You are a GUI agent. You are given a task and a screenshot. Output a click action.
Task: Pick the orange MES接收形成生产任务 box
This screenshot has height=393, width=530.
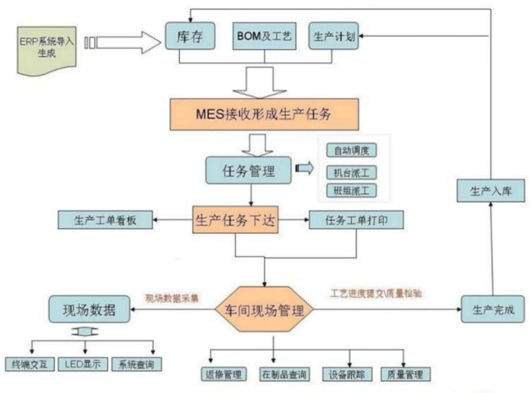tap(263, 114)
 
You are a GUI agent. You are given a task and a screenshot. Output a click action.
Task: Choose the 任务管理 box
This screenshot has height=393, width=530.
tap(249, 170)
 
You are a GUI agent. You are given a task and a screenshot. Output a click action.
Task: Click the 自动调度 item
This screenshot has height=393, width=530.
tap(352, 151)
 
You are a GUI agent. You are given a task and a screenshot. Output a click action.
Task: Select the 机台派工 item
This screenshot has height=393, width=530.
tap(352, 172)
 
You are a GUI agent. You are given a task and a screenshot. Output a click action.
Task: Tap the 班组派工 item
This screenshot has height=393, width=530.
tap(352, 190)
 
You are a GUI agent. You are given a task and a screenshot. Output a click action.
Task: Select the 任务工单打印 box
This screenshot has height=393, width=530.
tap(356, 220)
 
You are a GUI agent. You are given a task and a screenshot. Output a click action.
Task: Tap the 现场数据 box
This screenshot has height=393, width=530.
tap(90, 311)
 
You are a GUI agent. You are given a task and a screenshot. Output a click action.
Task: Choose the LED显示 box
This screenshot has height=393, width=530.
tap(83, 364)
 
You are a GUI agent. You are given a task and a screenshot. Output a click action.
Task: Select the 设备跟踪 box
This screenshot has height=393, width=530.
tap(348, 373)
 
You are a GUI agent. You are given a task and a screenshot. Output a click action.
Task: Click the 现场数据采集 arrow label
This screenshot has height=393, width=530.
tap(172, 297)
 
